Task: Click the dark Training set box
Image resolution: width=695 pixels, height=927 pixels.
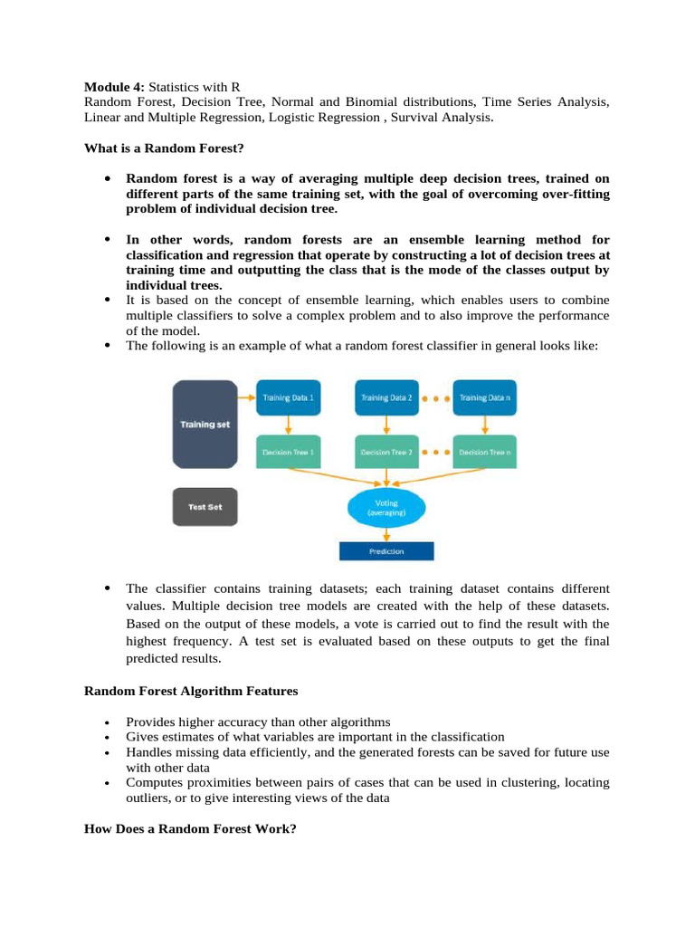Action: pyautogui.click(x=205, y=424)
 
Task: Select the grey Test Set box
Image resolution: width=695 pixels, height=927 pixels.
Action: pyautogui.click(x=205, y=507)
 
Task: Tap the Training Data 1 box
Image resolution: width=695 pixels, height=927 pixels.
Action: pyautogui.click(x=288, y=397)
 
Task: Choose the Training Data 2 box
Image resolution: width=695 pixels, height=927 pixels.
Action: pyautogui.click(x=386, y=397)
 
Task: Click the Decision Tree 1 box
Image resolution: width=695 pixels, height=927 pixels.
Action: pyautogui.click(x=288, y=451)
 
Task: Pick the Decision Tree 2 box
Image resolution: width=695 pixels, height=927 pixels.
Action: pyautogui.click(x=386, y=451)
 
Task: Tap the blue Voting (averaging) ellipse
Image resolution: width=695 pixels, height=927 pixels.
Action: pyautogui.click(x=386, y=507)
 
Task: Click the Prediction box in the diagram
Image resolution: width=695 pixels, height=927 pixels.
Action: pyautogui.click(x=386, y=550)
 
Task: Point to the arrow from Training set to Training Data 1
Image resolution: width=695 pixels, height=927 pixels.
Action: pyautogui.click(x=246, y=397)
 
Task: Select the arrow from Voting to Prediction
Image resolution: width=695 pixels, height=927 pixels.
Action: pyautogui.click(x=386, y=533)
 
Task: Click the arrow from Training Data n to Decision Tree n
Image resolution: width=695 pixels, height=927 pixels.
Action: pyautogui.click(x=485, y=425)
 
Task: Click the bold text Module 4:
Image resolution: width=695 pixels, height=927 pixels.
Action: pyautogui.click(x=115, y=87)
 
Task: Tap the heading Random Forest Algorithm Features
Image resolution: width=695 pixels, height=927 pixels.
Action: pyautogui.click(x=191, y=691)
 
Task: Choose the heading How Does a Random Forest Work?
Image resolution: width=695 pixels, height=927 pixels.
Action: pyautogui.click(x=190, y=828)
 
